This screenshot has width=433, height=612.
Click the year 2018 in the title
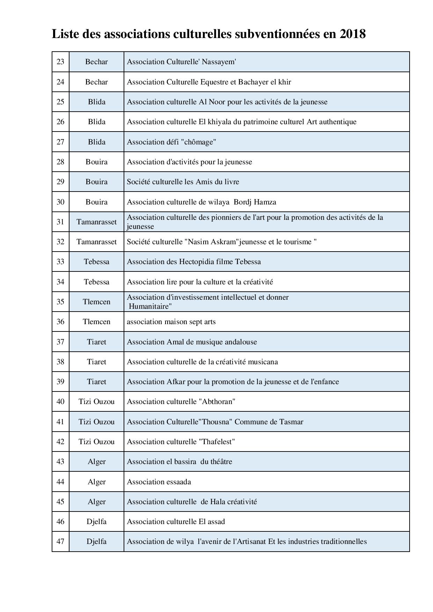[x=352, y=34]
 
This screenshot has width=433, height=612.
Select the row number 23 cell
[x=60, y=62]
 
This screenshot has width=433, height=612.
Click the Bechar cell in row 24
[x=96, y=82]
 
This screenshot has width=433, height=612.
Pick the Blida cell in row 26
[x=96, y=122]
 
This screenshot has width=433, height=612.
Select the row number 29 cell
[x=60, y=182]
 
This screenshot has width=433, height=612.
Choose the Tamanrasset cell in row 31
[x=96, y=222]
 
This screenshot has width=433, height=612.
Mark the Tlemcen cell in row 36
[x=96, y=322]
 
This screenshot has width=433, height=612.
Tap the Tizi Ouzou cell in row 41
[x=96, y=422]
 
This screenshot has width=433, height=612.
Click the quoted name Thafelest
[x=216, y=442]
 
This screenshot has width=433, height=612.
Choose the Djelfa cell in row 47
[x=96, y=542]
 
